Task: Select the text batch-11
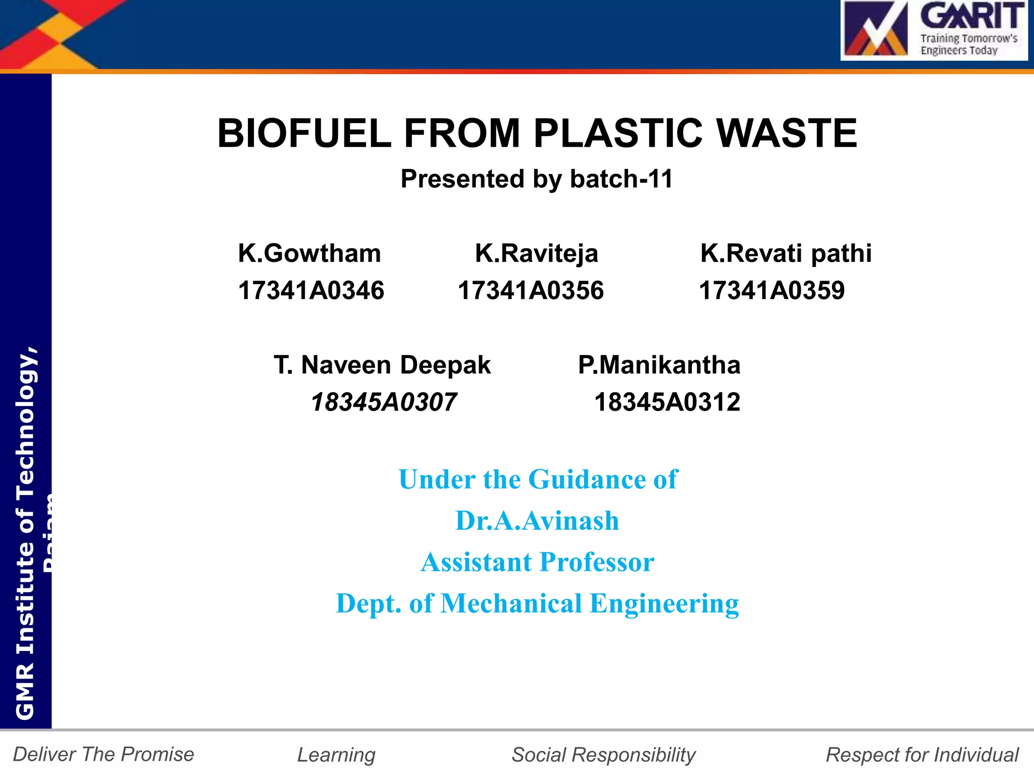(x=622, y=179)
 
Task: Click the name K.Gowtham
(x=309, y=253)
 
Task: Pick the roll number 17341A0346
(x=311, y=291)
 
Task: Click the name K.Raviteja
(x=536, y=253)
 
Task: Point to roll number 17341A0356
(x=531, y=291)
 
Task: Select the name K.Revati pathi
(x=786, y=253)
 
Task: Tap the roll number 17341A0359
(x=771, y=291)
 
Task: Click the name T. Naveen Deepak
(x=382, y=365)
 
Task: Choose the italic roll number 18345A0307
(x=384, y=403)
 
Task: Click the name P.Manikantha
(x=659, y=365)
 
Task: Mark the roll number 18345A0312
(x=667, y=403)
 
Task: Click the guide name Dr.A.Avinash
(x=537, y=521)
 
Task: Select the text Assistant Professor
(x=537, y=562)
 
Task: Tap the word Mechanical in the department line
(x=511, y=603)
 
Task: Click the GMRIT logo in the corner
(x=934, y=30)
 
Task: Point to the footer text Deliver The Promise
(x=104, y=754)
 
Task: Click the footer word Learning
(x=336, y=755)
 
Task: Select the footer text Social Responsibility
(x=603, y=755)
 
